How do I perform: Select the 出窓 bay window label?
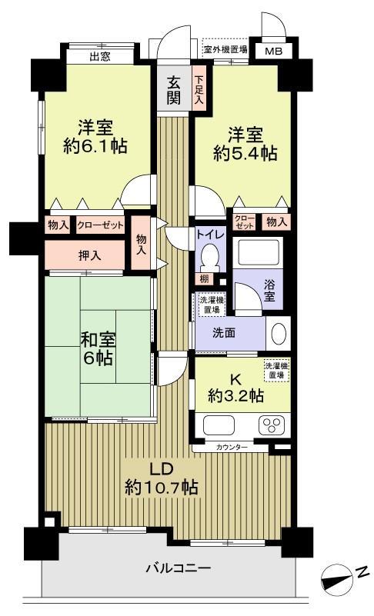tap(100, 57)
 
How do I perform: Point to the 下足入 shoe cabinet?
tap(199, 89)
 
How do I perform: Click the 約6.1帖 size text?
tap(95, 147)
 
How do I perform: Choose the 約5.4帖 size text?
tap(245, 153)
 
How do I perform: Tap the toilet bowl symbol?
tap(210, 257)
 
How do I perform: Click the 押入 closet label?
tap(90, 256)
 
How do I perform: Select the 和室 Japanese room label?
tap(99, 339)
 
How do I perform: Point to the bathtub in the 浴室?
tap(259, 252)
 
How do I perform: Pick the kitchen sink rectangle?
tap(219, 425)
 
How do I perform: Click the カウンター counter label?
tap(232, 447)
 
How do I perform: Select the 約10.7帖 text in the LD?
tap(162, 488)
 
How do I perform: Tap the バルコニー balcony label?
tap(179, 568)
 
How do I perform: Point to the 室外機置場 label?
tap(225, 49)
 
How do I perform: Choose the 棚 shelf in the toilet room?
tap(204, 279)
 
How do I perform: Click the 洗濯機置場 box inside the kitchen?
tap(276, 371)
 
